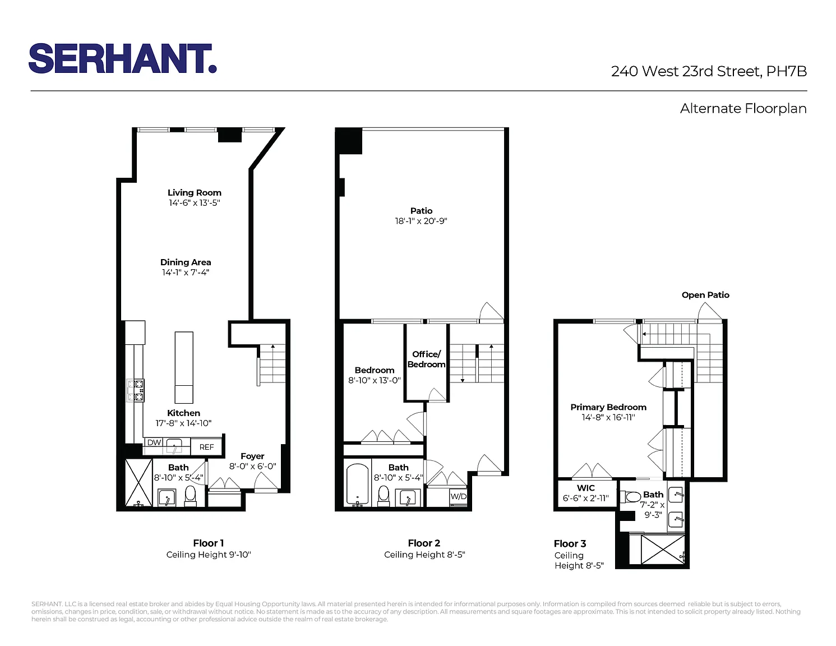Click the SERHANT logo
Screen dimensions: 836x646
(122, 58)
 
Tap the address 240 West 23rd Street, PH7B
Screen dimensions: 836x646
(709, 71)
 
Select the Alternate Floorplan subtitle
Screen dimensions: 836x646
(743, 108)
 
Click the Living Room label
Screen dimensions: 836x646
(195, 193)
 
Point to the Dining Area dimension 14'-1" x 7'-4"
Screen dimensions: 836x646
(186, 273)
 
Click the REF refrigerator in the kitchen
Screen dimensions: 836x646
(206, 447)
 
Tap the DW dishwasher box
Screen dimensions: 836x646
(154, 442)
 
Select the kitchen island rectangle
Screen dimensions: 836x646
(184, 367)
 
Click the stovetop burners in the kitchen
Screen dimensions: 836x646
(136, 390)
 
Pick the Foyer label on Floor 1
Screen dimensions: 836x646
(252, 456)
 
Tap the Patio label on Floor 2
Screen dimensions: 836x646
(421, 211)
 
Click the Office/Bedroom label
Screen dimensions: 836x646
(426, 359)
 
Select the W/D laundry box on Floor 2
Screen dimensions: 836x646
(458, 496)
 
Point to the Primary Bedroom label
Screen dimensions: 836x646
(608, 407)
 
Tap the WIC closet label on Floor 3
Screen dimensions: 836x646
(585, 488)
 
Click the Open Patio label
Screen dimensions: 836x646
(705, 295)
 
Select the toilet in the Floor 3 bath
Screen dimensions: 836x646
(630, 497)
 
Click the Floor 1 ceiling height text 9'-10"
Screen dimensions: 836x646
(238, 555)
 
